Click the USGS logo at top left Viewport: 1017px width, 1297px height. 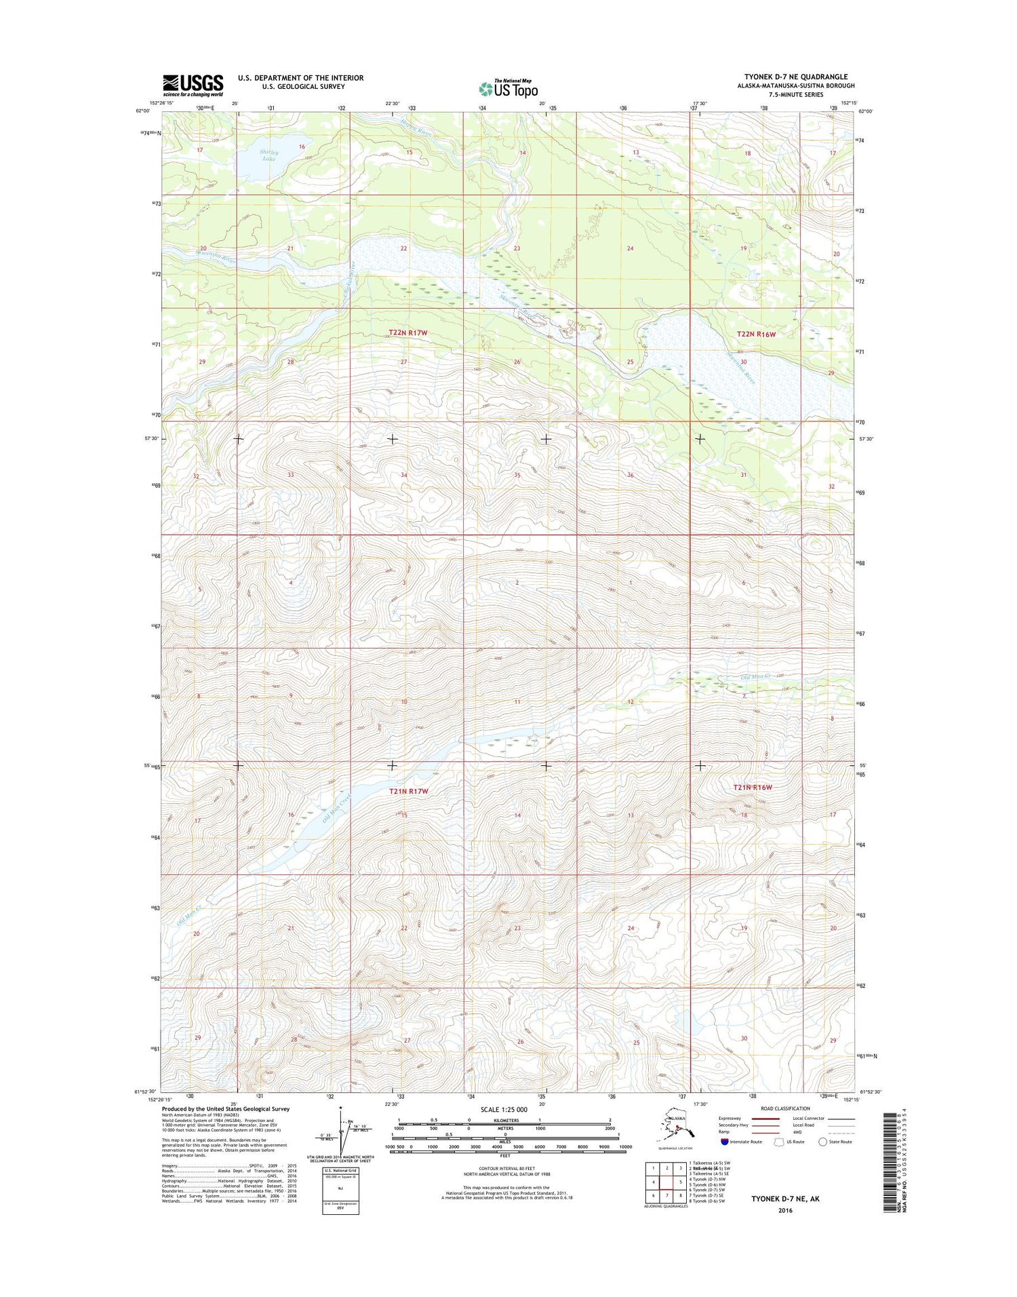(x=193, y=85)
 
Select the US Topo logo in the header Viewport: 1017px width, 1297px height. (x=508, y=88)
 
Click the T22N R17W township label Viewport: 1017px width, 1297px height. (x=408, y=333)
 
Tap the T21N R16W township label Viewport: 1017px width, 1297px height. (x=753, y=788)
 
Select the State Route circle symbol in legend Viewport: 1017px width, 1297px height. (x=822, y=1142)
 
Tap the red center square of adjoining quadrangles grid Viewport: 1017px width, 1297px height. (x=669, y=1181)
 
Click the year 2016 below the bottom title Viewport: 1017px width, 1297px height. (x=784, y=1210)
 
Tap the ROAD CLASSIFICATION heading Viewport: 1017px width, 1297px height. (x=786, y=1108)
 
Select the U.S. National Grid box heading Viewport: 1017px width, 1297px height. (x=340, y=1171)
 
